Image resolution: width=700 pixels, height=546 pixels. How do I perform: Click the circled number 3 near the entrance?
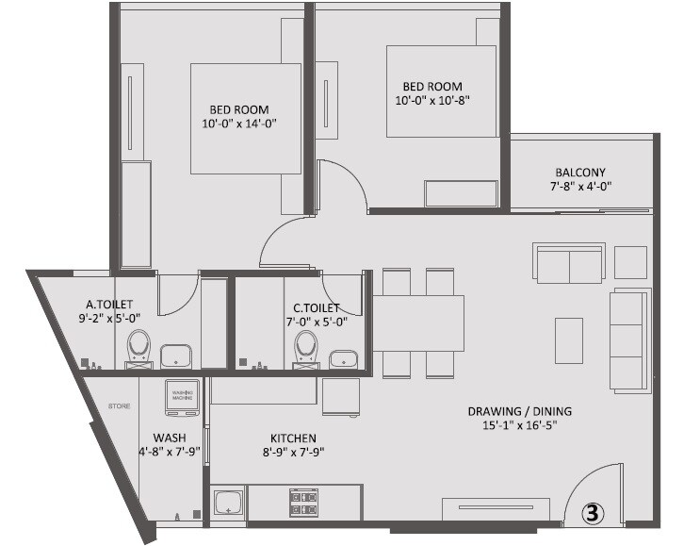[x=591, y=514]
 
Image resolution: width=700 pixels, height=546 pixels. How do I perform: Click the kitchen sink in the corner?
[x=227, y=502]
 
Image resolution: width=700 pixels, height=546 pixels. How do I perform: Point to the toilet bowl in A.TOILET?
[x=139, y=347]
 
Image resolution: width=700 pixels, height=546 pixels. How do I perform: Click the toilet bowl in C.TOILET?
[x=305, y=347]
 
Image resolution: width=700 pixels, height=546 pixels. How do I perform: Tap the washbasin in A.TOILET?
[x=176, y=356]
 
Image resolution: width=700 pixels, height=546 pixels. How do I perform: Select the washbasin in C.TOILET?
[x=342, y=356]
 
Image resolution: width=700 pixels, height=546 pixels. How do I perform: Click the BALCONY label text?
[x=580, y=173]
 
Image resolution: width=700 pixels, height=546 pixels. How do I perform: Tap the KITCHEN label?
[x=293, y=438]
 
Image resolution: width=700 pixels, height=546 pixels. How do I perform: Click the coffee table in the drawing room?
[x=568, y=340]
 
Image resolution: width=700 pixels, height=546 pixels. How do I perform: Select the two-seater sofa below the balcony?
[x=568, y=263]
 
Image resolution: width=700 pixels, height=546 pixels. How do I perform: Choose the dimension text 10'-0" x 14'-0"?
[x=238, y=124]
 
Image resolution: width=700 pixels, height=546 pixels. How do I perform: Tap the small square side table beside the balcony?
[x=630, y=262]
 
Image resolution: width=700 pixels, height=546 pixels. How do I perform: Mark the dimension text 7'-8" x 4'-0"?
[x=580, y=188]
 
